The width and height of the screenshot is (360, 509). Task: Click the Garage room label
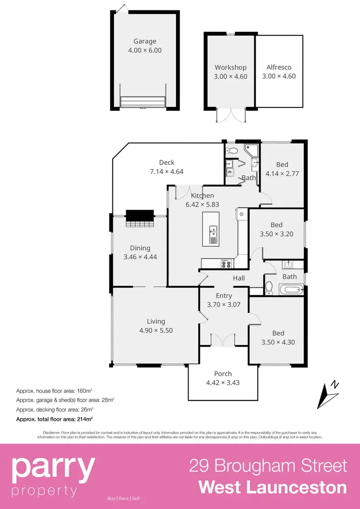click(144, 41)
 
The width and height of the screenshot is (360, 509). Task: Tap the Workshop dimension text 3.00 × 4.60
click(230, 76)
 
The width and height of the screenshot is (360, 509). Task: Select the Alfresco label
click(279, 67)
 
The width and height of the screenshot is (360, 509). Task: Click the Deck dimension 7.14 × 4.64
click(167, 171)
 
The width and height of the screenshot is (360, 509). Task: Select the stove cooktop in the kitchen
click(225, 263)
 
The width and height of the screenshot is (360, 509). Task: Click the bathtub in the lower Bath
click(291, 290)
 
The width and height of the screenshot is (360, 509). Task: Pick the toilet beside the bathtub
click(269, 288)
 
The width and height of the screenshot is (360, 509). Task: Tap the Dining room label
click(140, 248)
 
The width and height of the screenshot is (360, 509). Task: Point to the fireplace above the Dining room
click(140, 218)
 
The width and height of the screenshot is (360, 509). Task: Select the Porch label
click(223, 374)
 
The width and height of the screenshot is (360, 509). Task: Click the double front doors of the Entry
click(223, 340)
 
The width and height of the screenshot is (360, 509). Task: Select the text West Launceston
click(273, 487)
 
